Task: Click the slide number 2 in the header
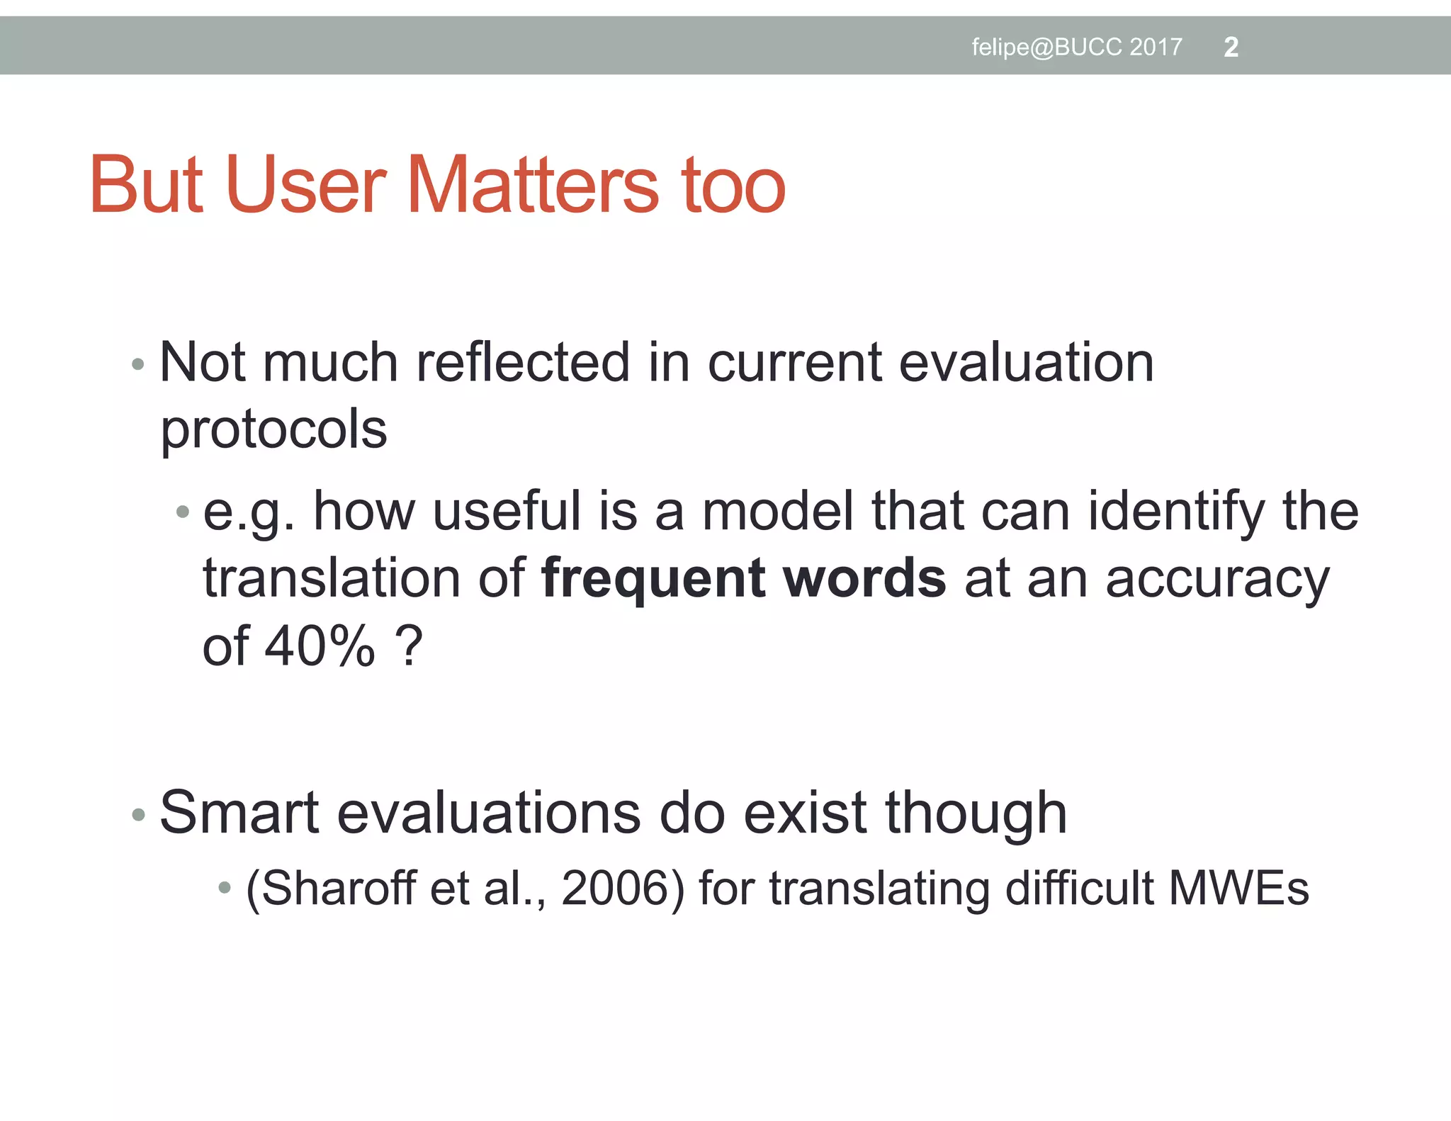coord(1231,47)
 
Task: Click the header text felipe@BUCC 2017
coord(1076,47)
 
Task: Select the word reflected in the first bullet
coord(523,363)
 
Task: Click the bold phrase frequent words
coord(743,578)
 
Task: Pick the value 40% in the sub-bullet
coord(320,646)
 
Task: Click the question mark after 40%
coord(409,646)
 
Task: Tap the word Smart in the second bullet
coord(239,813)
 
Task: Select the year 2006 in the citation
coord(615,888)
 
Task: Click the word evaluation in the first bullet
coord(1026,363)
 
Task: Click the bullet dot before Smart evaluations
coord(138,815)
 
